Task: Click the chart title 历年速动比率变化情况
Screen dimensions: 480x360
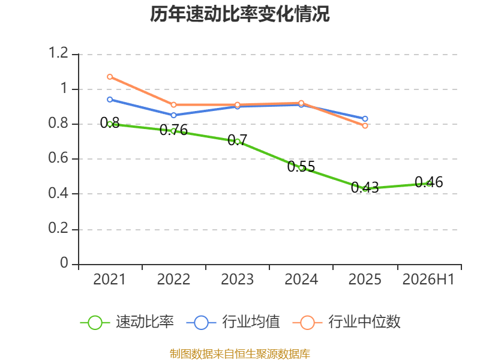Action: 239,14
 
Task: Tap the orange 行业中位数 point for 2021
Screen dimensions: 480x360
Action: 110,77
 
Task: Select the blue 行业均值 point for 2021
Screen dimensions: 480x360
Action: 110,100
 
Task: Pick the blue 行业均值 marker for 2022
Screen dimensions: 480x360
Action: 173,115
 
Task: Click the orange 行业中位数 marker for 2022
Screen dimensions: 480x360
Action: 173,104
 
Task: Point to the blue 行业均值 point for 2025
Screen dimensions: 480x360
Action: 365,119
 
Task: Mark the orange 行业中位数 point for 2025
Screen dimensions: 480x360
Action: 365,126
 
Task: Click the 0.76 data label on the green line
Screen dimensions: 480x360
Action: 173,130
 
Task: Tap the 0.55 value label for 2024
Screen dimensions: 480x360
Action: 301,167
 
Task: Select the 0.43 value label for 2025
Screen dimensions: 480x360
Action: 365,187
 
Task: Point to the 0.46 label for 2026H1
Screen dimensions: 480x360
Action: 429,182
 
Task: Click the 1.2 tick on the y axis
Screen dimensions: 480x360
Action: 58,53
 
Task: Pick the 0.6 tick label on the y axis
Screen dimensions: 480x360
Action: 58,158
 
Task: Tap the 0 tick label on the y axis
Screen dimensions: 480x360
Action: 64,263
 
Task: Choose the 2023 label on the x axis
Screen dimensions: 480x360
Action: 237,279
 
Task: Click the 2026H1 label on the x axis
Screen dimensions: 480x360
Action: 428,279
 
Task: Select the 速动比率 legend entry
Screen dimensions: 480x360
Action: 127,322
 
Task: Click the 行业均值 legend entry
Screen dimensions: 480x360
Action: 233,322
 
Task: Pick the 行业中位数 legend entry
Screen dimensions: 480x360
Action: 347,322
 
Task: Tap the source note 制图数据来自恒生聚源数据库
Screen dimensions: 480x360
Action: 240,354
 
